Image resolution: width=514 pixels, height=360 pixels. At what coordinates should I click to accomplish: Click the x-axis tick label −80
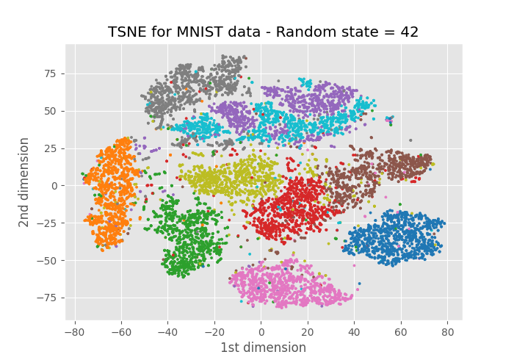click(x=73, y=332)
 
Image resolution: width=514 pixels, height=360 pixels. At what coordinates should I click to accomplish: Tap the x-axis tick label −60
click(x=120, y=332)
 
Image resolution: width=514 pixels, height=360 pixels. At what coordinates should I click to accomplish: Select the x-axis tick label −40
click(x=167, y=332)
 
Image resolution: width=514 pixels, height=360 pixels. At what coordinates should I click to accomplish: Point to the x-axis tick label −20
click(x=214, y=332)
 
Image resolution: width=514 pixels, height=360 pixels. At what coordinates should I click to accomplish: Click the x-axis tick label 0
click(x=261, y=332)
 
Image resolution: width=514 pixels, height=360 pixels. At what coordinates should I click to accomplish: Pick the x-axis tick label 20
click(x=308, y=332)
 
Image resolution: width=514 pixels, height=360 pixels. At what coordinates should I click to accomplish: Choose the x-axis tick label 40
click(x=354, y=332)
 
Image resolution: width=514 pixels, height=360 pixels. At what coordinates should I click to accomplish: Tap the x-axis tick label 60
click(x=401, y=332)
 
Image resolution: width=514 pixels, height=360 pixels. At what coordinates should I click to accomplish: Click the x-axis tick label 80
click(x=448, y=332)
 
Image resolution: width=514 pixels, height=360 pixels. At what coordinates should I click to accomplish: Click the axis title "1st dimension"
click(x=263, y=348)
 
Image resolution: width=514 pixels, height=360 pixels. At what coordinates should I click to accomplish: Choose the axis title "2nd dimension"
click(x=25, y=181)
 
